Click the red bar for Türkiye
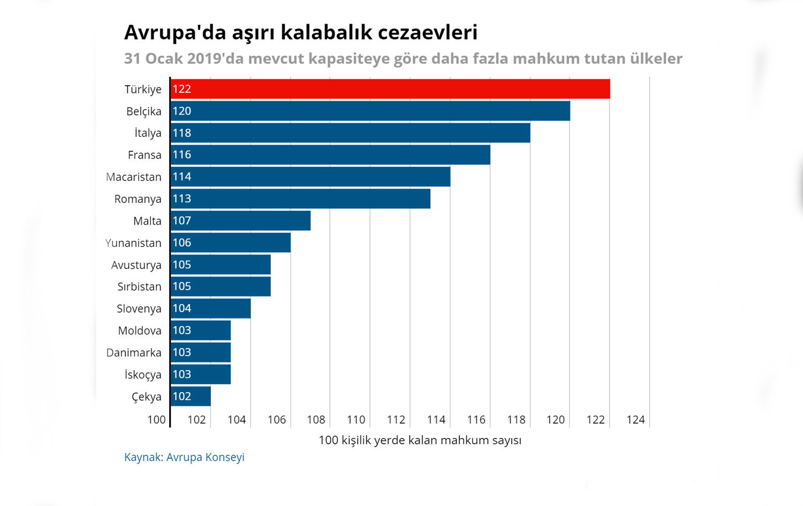(390, 89)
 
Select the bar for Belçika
(370, 111)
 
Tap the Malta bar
(241, 221)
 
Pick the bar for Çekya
(191, 396)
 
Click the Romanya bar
(300, 199)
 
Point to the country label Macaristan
(133, 177)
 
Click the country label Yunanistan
(133, 243)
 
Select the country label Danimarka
(134, 353)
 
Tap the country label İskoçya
(143, 375)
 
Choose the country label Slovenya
(139, 309)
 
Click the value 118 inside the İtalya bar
(182, 133)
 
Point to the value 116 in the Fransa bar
(182, 155)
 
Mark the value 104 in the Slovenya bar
(182, 308)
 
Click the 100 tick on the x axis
(156, 420)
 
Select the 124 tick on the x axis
(635, 420)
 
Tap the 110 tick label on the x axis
(356, 420)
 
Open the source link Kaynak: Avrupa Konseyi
(184, 457)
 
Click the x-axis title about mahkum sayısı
(420, 440)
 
